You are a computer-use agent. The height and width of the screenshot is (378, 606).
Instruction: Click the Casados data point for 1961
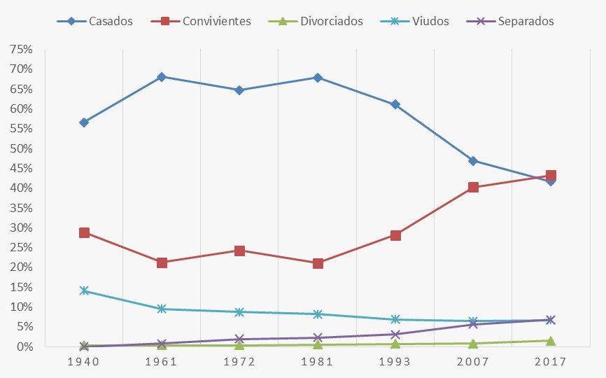[162, 77]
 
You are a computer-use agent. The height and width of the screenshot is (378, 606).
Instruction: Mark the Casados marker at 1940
[84, 122]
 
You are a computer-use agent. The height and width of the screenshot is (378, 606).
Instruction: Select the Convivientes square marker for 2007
[473, 187]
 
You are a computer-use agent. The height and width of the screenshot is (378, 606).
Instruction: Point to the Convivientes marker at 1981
[318, 263]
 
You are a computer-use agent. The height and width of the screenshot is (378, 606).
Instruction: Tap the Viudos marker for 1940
[84, 290]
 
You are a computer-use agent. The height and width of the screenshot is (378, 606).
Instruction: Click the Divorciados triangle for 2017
[551, 341]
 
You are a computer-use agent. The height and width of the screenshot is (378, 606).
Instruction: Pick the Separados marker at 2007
[473, 324]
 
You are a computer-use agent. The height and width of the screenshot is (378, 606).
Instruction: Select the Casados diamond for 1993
[395, 104]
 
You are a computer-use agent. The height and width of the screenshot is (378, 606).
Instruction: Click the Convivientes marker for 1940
[84, 232]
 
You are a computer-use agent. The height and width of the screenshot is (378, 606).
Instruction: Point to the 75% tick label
[21, 50]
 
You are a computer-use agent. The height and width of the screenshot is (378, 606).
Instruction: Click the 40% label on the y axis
[21, 188]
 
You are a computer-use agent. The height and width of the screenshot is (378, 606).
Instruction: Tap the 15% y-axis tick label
[21, 307]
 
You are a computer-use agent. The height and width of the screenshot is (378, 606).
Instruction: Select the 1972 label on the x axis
[239, 362]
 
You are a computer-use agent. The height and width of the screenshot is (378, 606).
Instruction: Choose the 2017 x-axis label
[551, 362]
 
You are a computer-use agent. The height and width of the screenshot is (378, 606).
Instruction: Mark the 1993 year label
[395, 362]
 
